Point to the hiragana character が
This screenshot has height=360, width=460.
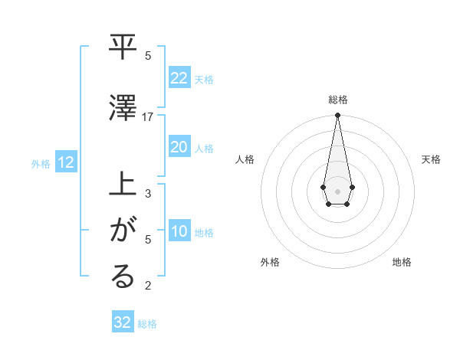(123, 231)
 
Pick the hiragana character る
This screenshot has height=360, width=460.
(123, 277)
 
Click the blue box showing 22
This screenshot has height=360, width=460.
(179, 78)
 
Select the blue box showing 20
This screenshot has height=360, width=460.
(179, 147)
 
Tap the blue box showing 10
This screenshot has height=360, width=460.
(179, 231)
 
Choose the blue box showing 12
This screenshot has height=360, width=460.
(65, 162)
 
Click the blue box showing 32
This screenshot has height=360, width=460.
(123, 322)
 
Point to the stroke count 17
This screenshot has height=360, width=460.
(148, 117)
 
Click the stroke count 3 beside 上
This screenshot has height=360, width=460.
(148, 194)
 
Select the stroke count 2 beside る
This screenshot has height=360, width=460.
(148, 286)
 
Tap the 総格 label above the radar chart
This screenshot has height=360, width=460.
(337, 100)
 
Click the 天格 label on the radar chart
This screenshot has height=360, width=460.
(432, 159)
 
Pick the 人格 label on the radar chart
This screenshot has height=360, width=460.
(245, 159)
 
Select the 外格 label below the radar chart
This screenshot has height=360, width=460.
(270, 262)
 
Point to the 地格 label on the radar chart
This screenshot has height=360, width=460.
(402, 262)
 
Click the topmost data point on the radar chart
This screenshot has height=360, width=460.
(337, 116)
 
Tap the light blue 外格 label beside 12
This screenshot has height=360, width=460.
(41, 163)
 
